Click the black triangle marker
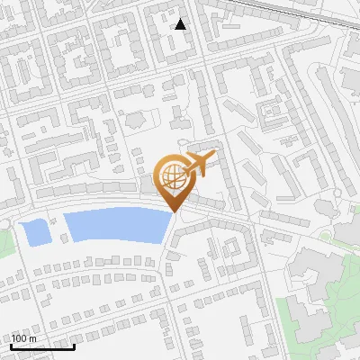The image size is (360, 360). [181, 24]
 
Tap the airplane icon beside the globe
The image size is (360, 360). [198, 164]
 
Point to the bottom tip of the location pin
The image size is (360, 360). [174, 214]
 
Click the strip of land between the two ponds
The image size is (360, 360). [57, 229]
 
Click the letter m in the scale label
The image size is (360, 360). [33, 338]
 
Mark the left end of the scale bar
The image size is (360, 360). [12, 346]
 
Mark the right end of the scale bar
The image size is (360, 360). [75, 346]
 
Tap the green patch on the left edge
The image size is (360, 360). [4, 238]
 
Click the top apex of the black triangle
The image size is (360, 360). [181, 19]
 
